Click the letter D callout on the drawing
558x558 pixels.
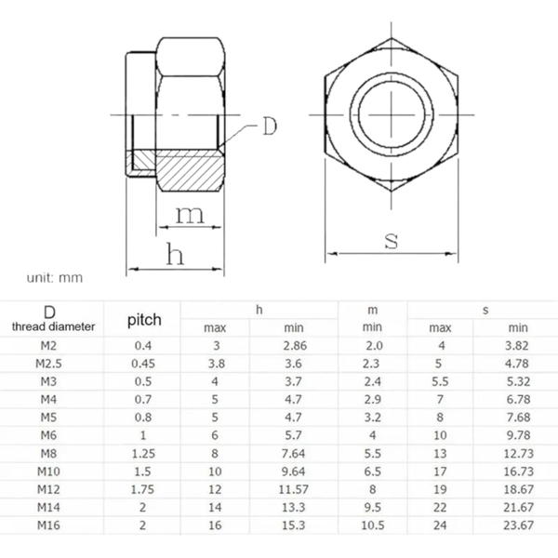pyautogui.click(x=270, y=126)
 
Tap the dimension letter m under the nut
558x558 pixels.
pyautogui.click(x=191, y=215)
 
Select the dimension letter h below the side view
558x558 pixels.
pyautogui.click(x=175, y=254)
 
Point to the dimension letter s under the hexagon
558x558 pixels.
pyautogui.click(x=392, y=241)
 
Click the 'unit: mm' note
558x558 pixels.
pyautogui.click(x=55, y=277)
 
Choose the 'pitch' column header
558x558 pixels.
pyautogui.click(x=144, y=320)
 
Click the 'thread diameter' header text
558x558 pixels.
pyautogui.click(x=53, y=326)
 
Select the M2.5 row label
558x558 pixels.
pyautogui.click(x=48, y=364)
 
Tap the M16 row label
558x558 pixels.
pyautogui.click(x=48, y=525)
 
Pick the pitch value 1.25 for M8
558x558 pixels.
pyautogui.click(x=143, y=454)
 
